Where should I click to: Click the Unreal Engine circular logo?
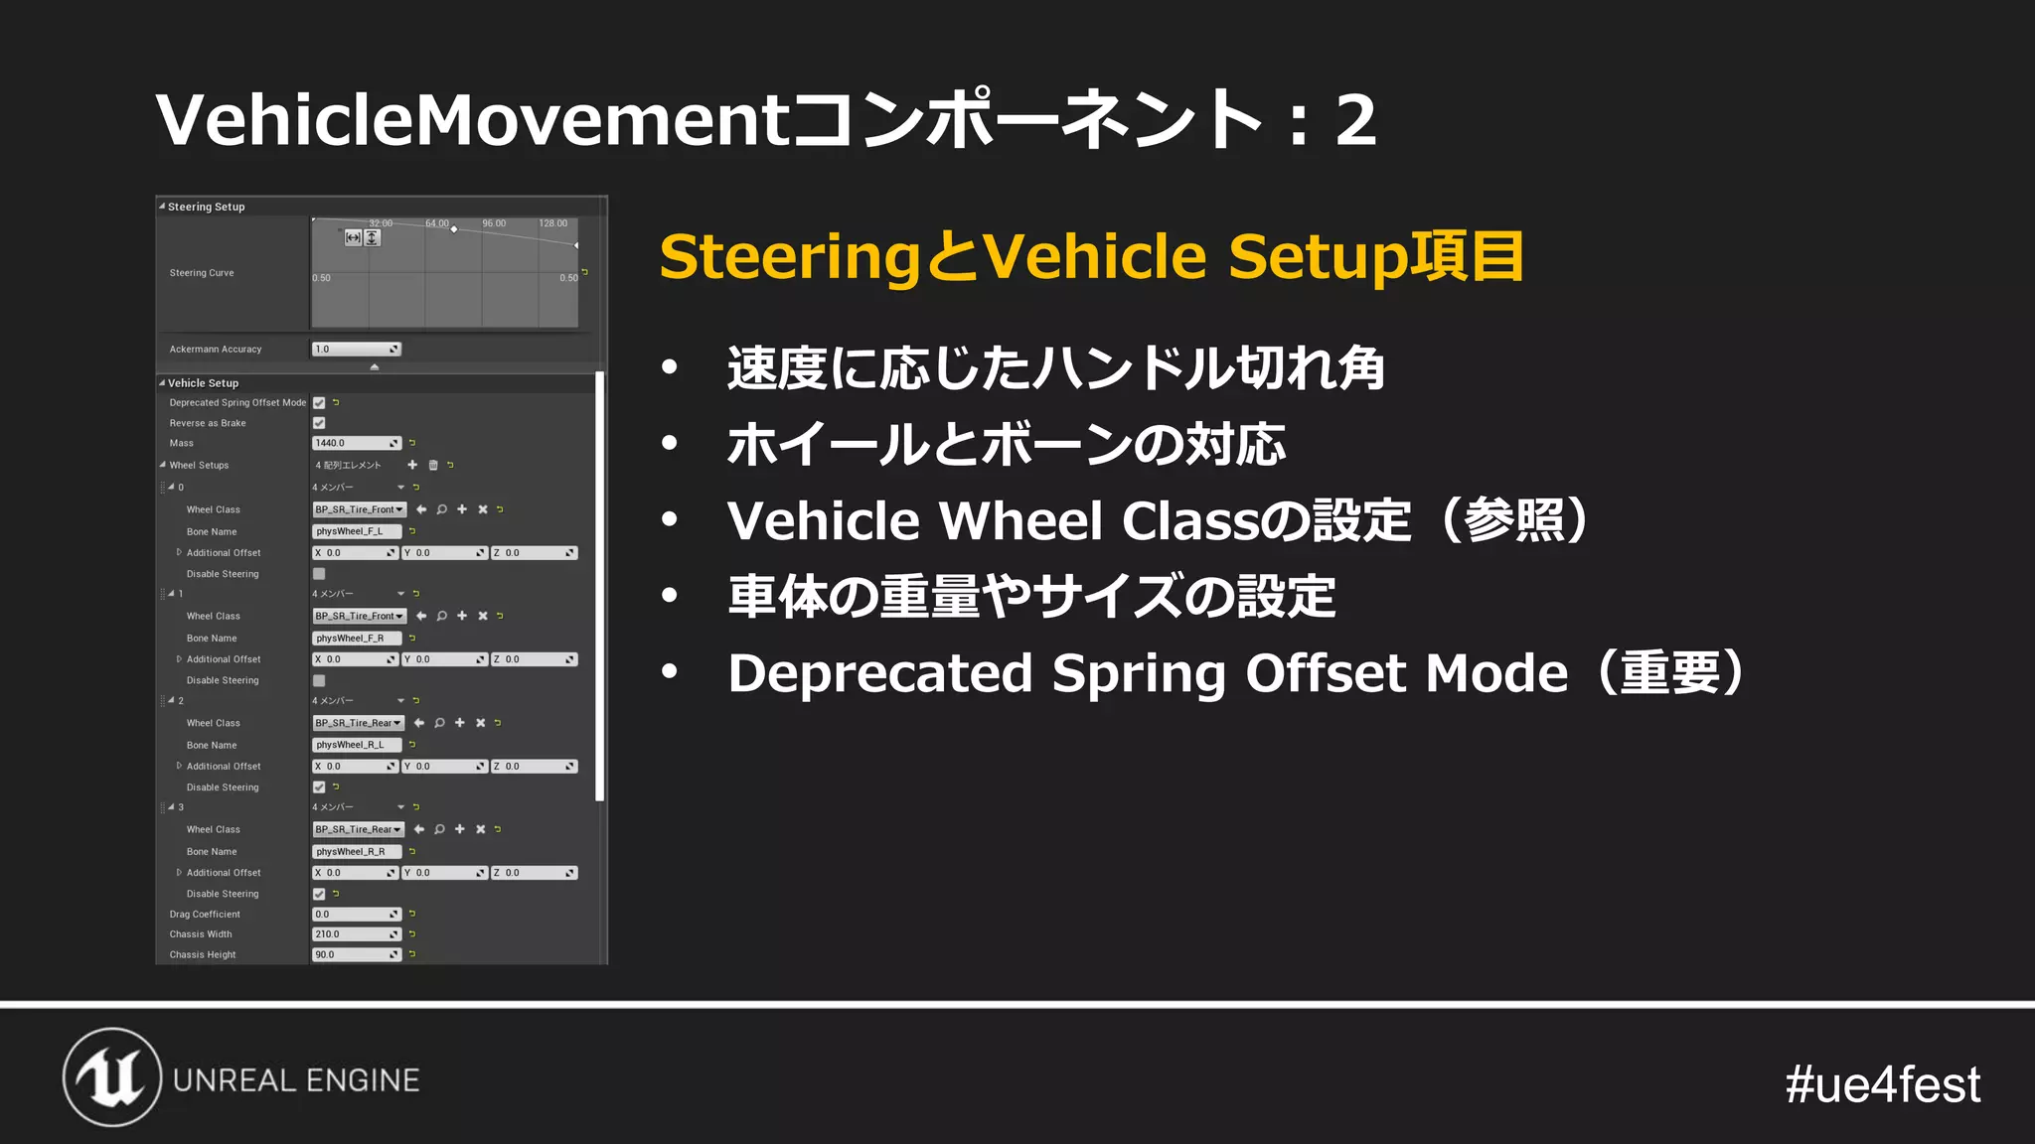click(x=112, y=1077)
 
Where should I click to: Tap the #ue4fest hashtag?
click(x=1882, y=1084)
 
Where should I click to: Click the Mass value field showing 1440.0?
click(x=355, y=443)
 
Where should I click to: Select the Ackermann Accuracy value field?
click(x=355, y=350)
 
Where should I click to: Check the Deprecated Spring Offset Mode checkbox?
click(x=319, y=403)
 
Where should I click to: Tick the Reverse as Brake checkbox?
click(x=319, y=423)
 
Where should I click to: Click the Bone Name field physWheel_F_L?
click(x=356, y=531)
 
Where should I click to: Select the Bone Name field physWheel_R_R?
click(x=356, y=852)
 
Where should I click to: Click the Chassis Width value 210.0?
click(x=355, y=934)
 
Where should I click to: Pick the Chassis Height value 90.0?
click(x=355, y=955)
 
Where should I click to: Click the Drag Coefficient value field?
click(x=355, y=915)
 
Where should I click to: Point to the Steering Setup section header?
click(x=206, y=207)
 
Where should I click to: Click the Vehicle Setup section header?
click(x=203, y=383)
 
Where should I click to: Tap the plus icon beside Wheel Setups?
click(x=412, y=465)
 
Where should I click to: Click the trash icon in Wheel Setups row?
click(x=433, y=465)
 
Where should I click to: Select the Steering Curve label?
click(x=202, y=273)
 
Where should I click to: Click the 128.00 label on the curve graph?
click(x=552, y=223)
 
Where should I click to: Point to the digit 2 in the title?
click(x=1355, y=121)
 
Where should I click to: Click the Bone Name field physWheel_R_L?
click(x=356, y=745)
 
